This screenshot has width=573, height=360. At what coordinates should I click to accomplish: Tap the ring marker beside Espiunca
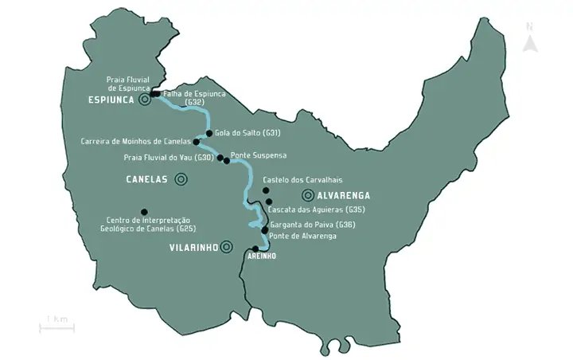[x=145, y=100]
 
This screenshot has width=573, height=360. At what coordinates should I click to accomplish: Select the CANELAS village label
[x=147, y=179]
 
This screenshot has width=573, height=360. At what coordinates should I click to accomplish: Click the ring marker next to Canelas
[x=181, y=179]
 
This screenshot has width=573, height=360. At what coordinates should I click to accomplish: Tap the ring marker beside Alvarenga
[x=307, y=195]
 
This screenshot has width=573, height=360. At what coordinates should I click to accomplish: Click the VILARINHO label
[x=193, y=248]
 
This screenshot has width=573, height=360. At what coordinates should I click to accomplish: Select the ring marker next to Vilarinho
[x=228, y=247]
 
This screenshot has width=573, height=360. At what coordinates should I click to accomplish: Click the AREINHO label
[x=261, y=258]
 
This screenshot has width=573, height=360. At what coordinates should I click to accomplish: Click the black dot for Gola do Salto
[x=209, y=133]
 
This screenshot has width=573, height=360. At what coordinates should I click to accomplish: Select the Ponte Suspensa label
[x=258, y=155]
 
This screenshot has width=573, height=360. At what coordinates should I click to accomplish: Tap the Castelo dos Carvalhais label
[x=296, y=180]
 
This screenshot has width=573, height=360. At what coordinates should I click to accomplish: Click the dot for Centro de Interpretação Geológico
[x=144, y=212]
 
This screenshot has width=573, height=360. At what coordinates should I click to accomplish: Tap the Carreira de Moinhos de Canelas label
[x=135, y=142]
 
